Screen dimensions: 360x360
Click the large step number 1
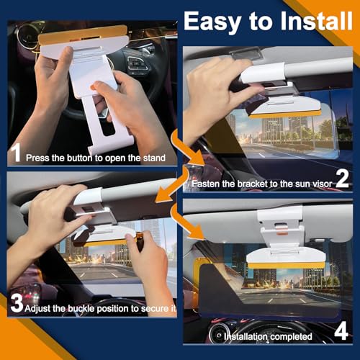[x=15, y=153]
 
